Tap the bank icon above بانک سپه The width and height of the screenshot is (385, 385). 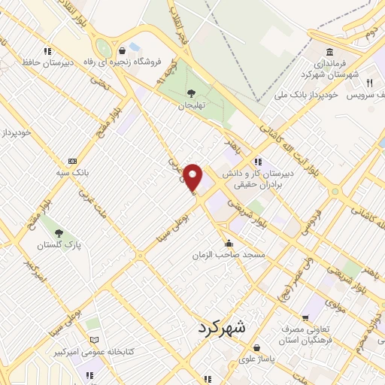(x=72, y=161)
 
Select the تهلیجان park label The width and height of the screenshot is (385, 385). (x=191, y=105)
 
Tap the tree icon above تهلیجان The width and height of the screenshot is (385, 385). (x=191, y=93)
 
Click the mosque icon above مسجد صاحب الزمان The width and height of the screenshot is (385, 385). (x=229, y=244)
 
